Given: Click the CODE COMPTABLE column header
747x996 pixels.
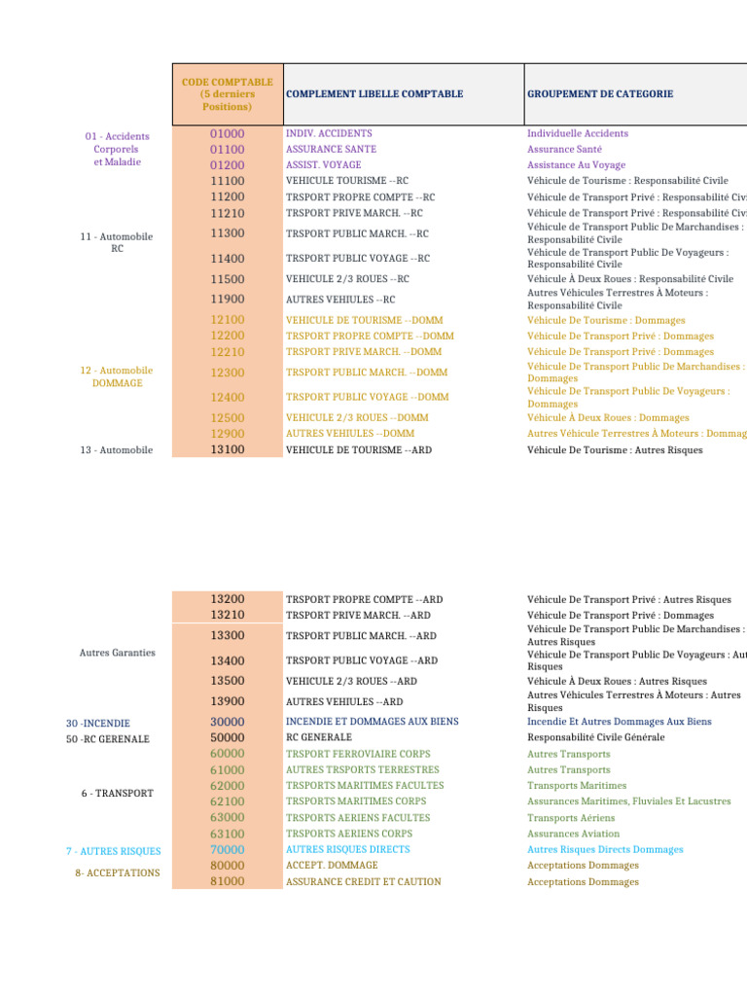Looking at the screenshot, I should tap(227, 94).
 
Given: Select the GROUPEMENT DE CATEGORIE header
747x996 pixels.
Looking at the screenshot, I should tap(600, 94).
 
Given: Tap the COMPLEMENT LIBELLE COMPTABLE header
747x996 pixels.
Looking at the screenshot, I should tap(374, 94).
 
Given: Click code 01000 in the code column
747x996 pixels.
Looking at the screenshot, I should tap(228, 133).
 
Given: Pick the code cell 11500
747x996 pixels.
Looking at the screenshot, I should tap(228, 279).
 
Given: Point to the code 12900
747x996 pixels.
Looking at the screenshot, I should tap(228, 434).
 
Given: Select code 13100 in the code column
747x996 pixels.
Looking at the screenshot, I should tap(228, 450).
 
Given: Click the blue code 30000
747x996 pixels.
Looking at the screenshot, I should tap(228, 722).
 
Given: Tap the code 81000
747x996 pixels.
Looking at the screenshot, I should tap(228, 881).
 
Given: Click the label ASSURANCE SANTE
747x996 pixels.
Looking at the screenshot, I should tap(331, 150).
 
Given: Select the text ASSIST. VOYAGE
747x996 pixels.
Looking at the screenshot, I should tap(323, 165).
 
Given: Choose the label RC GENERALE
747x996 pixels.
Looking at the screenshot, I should tap(319, 738).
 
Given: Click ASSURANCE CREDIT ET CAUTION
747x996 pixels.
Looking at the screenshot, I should tap(363, 882).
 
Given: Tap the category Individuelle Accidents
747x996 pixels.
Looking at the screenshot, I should tap(578, 133).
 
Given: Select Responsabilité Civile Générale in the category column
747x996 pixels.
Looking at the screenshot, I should tap(596, 738).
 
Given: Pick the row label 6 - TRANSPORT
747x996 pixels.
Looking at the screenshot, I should tap(118, 794).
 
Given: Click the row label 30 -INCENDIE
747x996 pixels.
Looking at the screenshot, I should tap(98, 724).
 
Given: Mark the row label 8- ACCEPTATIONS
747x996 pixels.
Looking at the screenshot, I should tap(118, 873).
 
